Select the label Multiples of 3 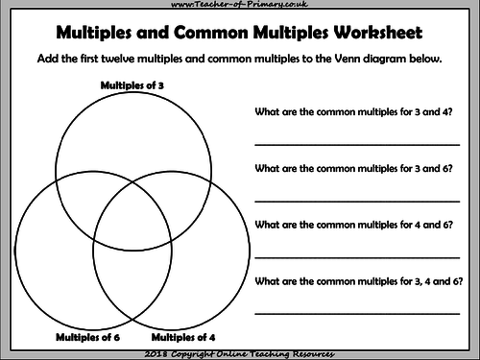click(132, 85)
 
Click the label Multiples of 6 click(88, 337)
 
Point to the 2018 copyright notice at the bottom click(240, 353)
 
